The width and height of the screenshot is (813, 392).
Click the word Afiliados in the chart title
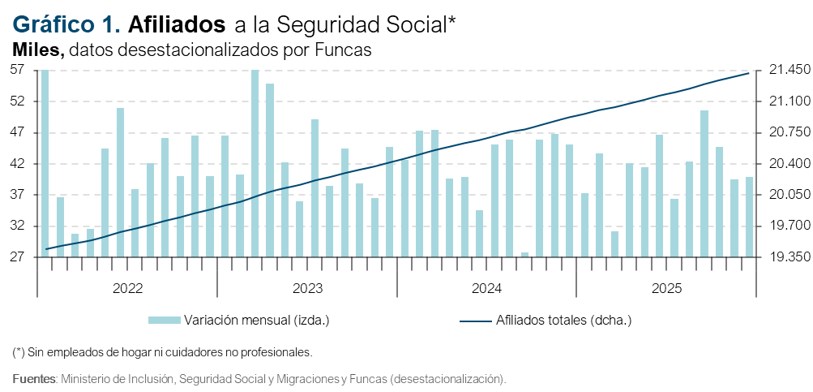(177, 25)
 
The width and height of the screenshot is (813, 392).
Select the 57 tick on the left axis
(19, 71)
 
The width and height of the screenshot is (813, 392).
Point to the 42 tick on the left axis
(19, 164)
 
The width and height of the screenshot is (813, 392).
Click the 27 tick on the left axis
(19, 257)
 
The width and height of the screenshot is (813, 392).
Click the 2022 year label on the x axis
(128, 289)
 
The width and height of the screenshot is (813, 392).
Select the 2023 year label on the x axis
(307, 289)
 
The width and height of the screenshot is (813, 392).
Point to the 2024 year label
(487, 289)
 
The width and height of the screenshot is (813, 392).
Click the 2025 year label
(666, 289)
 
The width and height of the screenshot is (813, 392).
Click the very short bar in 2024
(524, 255)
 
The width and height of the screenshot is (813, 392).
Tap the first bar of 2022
(45, 162)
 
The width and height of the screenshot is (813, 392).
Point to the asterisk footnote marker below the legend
(19, 352)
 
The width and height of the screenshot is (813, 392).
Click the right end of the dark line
(748, 74)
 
